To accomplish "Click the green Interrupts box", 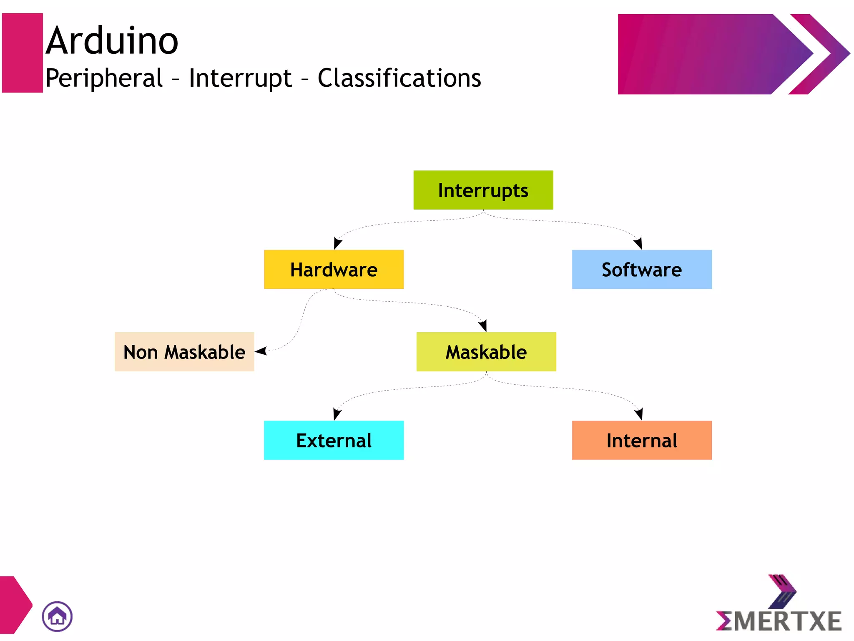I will tap(483, 190).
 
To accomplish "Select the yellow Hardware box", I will tap(334, 269).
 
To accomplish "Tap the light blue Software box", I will tap(641, 269).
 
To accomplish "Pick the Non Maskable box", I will tap(184, 351).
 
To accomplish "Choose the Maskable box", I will tap(486, 351).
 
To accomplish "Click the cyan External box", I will tap(334, 440).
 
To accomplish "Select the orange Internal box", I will tap(641, 440).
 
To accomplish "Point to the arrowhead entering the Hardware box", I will tap(337, 243).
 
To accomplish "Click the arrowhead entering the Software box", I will tap(638, 243).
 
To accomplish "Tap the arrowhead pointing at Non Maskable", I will tap(261, 351).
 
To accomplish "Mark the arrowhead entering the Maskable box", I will tap(483, 326).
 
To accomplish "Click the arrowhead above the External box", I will tap(337, 414).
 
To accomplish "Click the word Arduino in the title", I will tap(112, 40).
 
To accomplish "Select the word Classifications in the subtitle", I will tap(399, 78).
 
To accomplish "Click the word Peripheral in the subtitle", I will tap(104, 78).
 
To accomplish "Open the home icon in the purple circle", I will tap(57, 616).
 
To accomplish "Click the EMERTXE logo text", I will tap(779, 621).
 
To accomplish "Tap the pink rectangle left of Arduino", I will tap(23, 53).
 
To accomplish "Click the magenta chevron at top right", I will tap(819, 54).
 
